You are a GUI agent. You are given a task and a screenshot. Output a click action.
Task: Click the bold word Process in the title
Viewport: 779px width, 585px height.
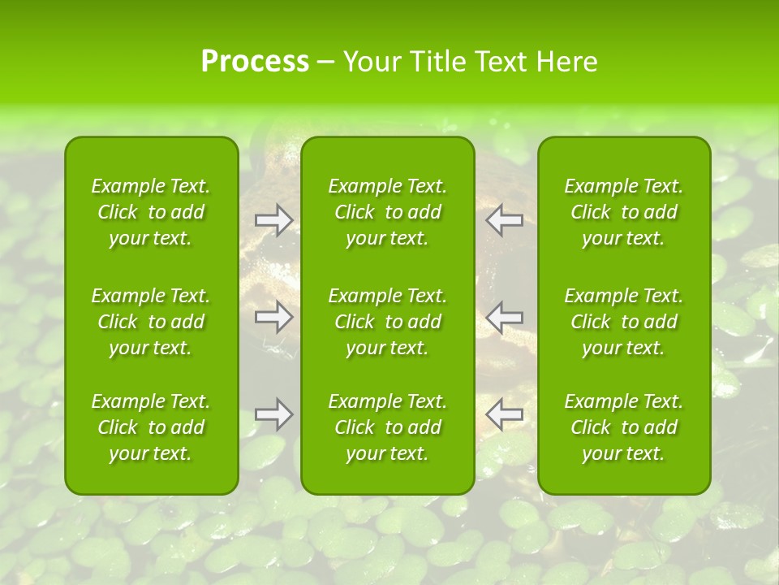coord(255,62)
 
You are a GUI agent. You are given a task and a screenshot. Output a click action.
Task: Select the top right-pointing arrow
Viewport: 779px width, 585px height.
coord(273,219)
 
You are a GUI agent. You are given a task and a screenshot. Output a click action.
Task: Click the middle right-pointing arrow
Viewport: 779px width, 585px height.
coord(273,317)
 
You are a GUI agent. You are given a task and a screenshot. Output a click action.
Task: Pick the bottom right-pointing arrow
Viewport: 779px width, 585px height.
coord(273,414)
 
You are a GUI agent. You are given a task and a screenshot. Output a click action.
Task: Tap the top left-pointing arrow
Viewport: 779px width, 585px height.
coord(505,219)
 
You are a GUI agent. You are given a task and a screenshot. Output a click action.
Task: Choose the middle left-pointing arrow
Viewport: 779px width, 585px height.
coord(505,317)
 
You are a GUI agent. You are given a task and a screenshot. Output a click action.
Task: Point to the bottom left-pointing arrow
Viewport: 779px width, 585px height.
coord(505,414)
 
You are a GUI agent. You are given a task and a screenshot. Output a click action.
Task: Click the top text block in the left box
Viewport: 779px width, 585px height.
coord(151,212)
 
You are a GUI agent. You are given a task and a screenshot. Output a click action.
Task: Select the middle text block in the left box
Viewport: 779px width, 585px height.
coord(151,322)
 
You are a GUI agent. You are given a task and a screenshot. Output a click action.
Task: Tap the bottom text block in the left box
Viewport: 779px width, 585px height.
coord(151,427)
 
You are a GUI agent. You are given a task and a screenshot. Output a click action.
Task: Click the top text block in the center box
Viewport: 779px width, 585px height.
coord(388,212)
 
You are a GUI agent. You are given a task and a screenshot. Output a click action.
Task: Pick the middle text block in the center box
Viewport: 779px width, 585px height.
coord(388,322)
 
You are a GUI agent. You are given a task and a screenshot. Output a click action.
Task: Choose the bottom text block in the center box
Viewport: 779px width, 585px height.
coord(388,427)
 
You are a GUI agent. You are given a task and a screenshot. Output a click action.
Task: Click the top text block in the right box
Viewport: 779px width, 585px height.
coord(624,212)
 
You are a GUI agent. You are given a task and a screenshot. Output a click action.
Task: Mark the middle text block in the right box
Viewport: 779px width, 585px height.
coord(624,322)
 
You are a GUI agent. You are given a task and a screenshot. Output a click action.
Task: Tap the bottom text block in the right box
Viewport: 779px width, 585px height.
coord(624,427)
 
